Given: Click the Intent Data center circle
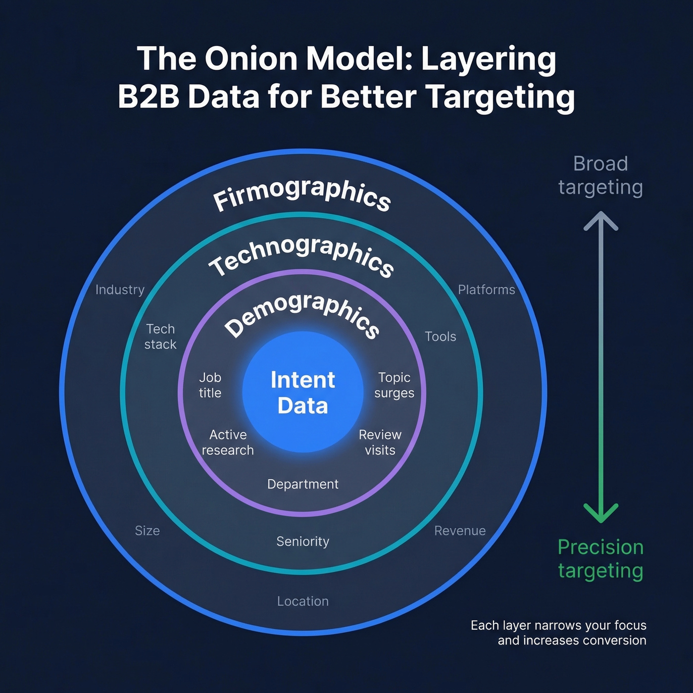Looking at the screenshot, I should [x=303, y=392].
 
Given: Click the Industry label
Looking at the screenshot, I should [x=120, y=290].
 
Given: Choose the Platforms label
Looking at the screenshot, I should [x=486, y=290].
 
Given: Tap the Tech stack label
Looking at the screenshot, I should [x=160, y=337].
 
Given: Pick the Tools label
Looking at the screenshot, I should [x=441, y=337].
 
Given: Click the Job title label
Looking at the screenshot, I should [x=210, y=385].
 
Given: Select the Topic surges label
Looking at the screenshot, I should [x=394, y=385].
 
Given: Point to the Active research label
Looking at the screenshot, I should [x=228, y=443].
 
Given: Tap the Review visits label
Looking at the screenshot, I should [x=380, y=443].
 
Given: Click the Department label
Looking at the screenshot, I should [x=303, y=484].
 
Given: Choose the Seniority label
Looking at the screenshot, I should [x=303, y=542].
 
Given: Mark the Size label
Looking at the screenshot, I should [x=148, y=531].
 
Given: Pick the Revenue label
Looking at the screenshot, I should [x=460, y=531].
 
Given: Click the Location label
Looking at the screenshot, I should [x=303, y=601].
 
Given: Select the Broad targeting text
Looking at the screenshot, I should [x=600, y=175].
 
